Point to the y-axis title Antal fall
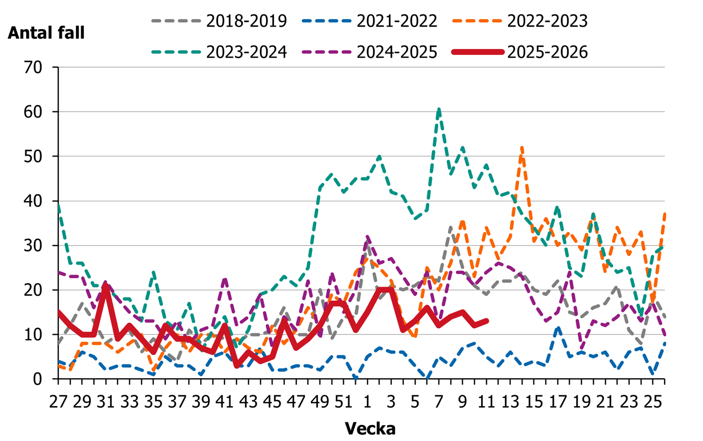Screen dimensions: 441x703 click(46, 33)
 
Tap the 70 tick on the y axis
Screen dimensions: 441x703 click(33, 67)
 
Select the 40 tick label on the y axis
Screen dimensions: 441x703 click(33, 201)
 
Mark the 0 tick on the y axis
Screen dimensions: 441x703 click(38, 379)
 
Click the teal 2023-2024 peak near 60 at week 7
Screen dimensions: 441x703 click(439, 110)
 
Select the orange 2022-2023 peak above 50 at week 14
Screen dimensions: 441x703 click(522, 147)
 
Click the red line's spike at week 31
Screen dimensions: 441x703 click(106, 286)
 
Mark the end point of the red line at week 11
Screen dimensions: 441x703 click(487, 321)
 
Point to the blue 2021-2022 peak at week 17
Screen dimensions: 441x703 click(558, 328)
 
